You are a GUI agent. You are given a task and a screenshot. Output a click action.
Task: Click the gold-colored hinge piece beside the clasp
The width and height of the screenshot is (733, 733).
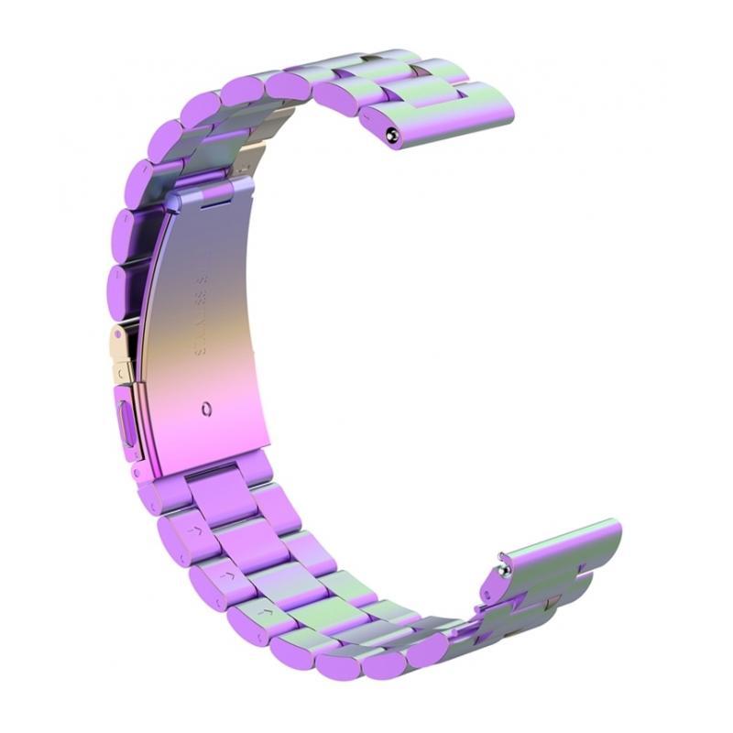[124, 353]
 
